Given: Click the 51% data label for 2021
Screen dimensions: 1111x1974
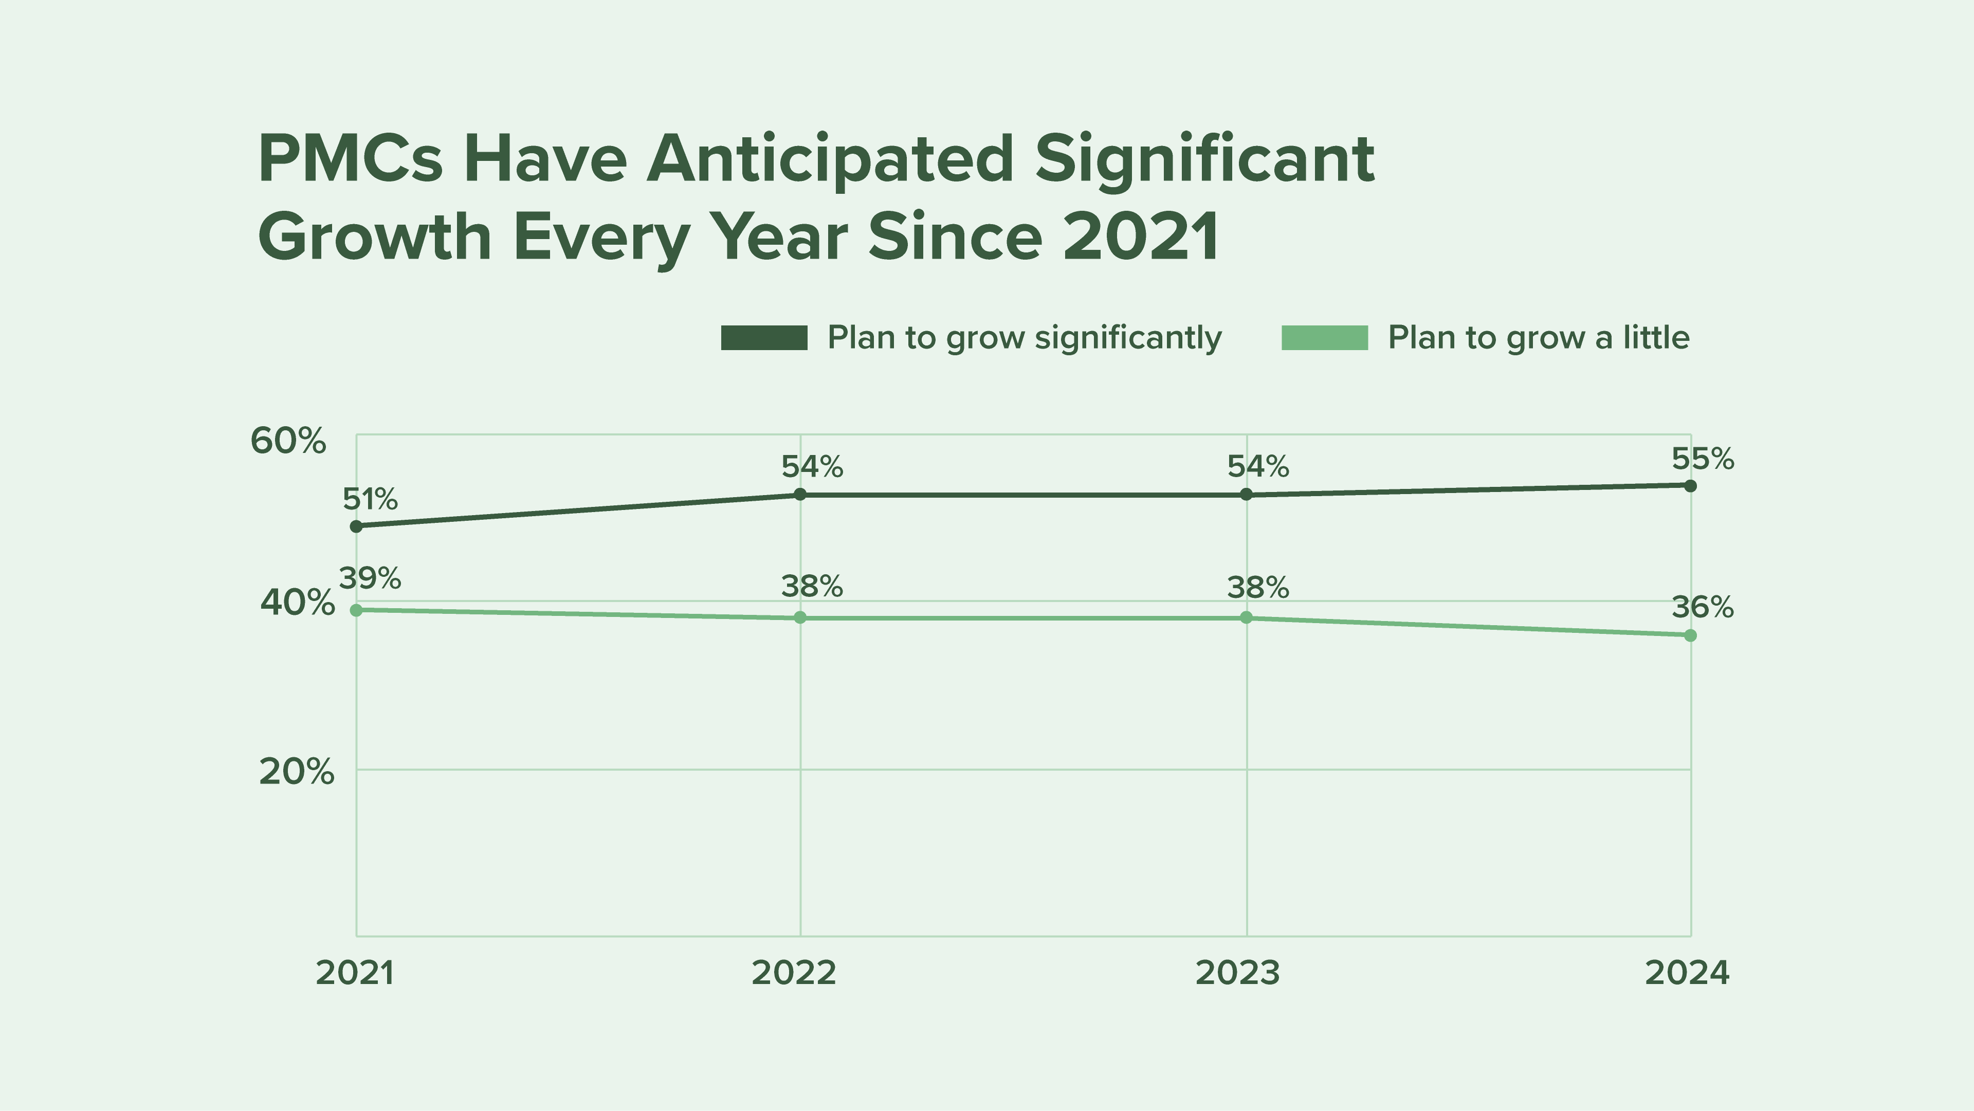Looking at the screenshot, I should (x=370, y=500).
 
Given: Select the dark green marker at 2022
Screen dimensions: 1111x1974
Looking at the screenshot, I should (x=800, y=494).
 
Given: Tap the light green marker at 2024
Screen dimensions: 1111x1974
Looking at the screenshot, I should (x=1690, y=635).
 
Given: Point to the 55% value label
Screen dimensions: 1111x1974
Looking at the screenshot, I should (x=1702, y=459).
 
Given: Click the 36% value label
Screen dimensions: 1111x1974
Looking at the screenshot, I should (x=1702, y=608).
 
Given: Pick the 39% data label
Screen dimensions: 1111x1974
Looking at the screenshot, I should (x=370, y=578).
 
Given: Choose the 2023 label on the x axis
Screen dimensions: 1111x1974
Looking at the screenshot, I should (x=1237, y=973).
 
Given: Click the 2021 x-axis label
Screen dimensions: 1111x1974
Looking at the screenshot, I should (x=355, y=973).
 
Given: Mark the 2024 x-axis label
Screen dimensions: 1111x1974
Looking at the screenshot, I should (x=1687, y=973).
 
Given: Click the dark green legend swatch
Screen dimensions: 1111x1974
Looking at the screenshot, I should (x=764, y=338).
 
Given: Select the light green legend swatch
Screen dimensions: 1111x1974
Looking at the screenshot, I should (x=1324, y=338).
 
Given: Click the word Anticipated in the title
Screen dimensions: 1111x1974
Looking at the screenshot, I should (x=830, y=159).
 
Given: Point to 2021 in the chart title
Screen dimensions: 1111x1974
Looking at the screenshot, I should (x=1141, y=237).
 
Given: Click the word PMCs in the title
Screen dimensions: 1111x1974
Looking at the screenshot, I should (x=350, y=159).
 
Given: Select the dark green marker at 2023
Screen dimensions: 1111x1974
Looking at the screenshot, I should (x=1246, y=494).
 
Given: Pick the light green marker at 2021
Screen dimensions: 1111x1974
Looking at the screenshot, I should (x=356, y=610).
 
